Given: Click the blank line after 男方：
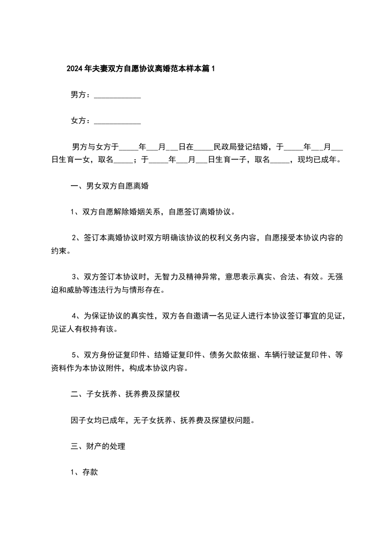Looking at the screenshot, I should [x=117, y=96].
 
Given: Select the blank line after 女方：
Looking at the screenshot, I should [x=117, y=122].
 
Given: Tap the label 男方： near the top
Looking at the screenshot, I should [x=80, y=95].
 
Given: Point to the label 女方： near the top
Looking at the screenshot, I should [x=80, y=120].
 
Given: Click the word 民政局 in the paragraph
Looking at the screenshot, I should [x=220, y=146].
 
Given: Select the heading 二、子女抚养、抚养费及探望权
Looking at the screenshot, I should [x=126, y=394].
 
